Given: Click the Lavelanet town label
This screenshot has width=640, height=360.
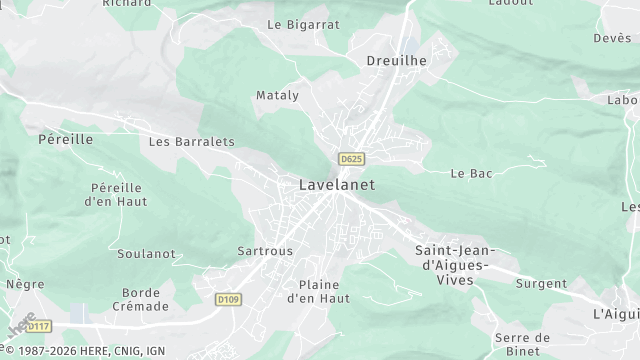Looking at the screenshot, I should pos(331,185).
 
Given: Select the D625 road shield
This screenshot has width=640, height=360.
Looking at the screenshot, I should pos(350,159).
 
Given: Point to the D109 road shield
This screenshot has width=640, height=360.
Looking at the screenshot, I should pos(228,299).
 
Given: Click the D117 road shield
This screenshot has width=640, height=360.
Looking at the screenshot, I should pos(39,326).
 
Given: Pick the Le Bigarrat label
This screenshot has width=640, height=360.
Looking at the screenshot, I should pos(303,24).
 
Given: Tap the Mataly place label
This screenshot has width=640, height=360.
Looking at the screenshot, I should pos(277,95).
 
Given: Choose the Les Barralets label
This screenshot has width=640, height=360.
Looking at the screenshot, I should pos(191,142).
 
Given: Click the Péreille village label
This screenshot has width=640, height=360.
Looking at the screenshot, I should pos(65,139).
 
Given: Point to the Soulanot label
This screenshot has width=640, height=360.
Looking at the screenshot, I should pos(146,253).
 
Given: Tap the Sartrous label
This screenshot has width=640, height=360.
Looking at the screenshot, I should pos(265,251).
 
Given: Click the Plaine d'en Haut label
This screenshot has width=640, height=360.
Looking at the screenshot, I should pos(318,291).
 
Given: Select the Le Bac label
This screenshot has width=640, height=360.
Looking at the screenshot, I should pos(472,173).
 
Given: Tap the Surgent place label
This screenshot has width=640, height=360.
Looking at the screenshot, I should pos(541,284).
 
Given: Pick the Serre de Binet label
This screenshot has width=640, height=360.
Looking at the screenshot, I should pos(521,344).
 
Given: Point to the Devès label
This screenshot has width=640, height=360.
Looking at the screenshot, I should pos(612,38).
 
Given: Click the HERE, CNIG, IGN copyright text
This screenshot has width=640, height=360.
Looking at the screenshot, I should pos(84,351).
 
